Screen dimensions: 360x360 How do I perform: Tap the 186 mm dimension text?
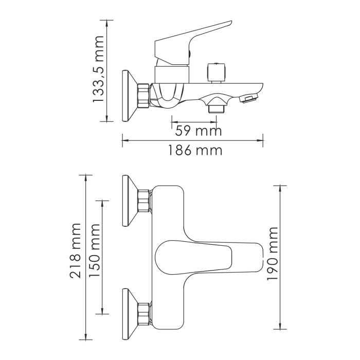pos(195,151)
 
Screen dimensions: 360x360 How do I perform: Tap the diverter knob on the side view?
pos(216,72)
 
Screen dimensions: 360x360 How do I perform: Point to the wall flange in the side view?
pos(129,96)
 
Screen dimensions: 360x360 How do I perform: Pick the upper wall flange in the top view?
pos(129,201)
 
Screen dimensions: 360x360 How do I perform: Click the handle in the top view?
pos(206,255)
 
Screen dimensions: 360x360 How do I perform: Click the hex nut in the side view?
pos(145,96)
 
